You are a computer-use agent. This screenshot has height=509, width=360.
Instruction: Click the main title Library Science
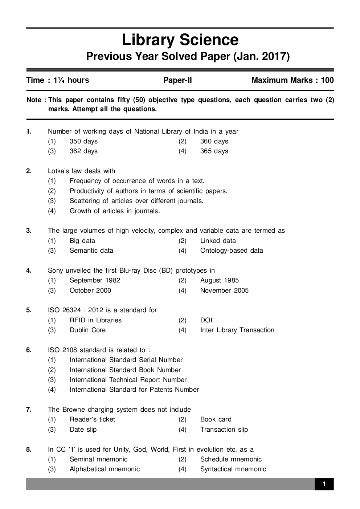(180, 40)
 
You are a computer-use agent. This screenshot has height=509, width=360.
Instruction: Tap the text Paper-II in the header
(177, 80)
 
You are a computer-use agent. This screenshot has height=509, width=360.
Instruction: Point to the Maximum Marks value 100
(327, 80)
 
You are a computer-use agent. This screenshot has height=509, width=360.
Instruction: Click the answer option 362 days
(83, 151)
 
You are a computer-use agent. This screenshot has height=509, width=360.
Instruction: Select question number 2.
(29, 171)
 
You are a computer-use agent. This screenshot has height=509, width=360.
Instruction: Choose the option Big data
(82, 241)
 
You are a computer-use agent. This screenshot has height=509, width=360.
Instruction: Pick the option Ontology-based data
(232, 251)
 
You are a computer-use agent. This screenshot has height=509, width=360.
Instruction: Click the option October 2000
(90, 290)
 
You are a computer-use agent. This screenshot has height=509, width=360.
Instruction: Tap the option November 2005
(224, 290)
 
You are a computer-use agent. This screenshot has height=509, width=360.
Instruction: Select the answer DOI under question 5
(206, 320)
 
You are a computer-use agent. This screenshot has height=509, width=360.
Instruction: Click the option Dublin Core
(87, 330)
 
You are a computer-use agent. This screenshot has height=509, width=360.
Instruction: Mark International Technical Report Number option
(128, 380)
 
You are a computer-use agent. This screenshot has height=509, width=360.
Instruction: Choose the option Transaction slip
(224, 429)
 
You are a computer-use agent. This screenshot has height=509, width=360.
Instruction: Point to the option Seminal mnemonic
(98, 459)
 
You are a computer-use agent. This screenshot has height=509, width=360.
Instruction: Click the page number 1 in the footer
(324, 484)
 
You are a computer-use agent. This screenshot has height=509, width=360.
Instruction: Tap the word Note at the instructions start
(34, 100)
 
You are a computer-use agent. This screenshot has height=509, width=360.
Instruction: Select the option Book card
(216, 419)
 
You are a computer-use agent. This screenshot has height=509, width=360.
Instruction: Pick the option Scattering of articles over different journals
(136, 201)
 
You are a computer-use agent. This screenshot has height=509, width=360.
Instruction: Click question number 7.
(29, 410)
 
